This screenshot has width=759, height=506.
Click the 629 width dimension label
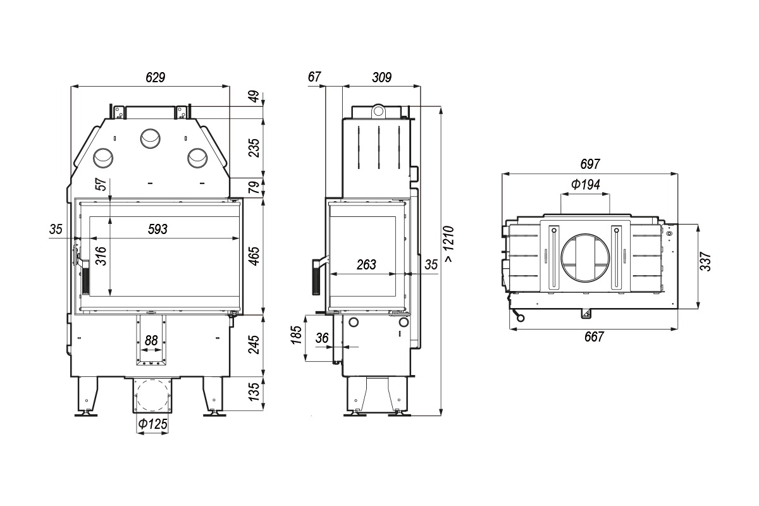[x=155, y=78]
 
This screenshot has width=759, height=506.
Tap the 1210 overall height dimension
[x=449, y=244]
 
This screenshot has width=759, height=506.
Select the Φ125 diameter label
[x=153, y=424]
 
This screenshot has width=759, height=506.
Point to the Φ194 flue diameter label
[x=586, y=184]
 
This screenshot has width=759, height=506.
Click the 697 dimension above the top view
[x=590, y=164]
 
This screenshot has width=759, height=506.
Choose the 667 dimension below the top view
[x=594, y=337]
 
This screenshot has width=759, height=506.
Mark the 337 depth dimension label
[x=705, y=261]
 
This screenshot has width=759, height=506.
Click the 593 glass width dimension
[x=157, y=230]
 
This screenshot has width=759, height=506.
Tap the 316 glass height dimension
[x=101, y=256]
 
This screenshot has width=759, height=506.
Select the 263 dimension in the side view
[x=366, y=264]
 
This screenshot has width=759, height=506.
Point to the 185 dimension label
[x=297, y=335]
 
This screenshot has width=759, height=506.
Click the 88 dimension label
[x=151, y=340]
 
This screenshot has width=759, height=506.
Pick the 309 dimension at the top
[x=381, y=78]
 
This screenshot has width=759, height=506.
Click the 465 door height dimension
[x=254, y=256]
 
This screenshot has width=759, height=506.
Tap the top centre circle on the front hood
[x=151, y=139]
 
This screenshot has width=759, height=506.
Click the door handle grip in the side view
[x=317, y=278]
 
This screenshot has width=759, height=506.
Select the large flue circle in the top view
[x=585, y=257]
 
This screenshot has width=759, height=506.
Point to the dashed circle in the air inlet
[x=152, y=395]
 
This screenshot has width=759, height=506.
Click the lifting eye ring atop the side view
[x=378, y=111]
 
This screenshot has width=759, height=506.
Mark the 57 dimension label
[x=101, y=185]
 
